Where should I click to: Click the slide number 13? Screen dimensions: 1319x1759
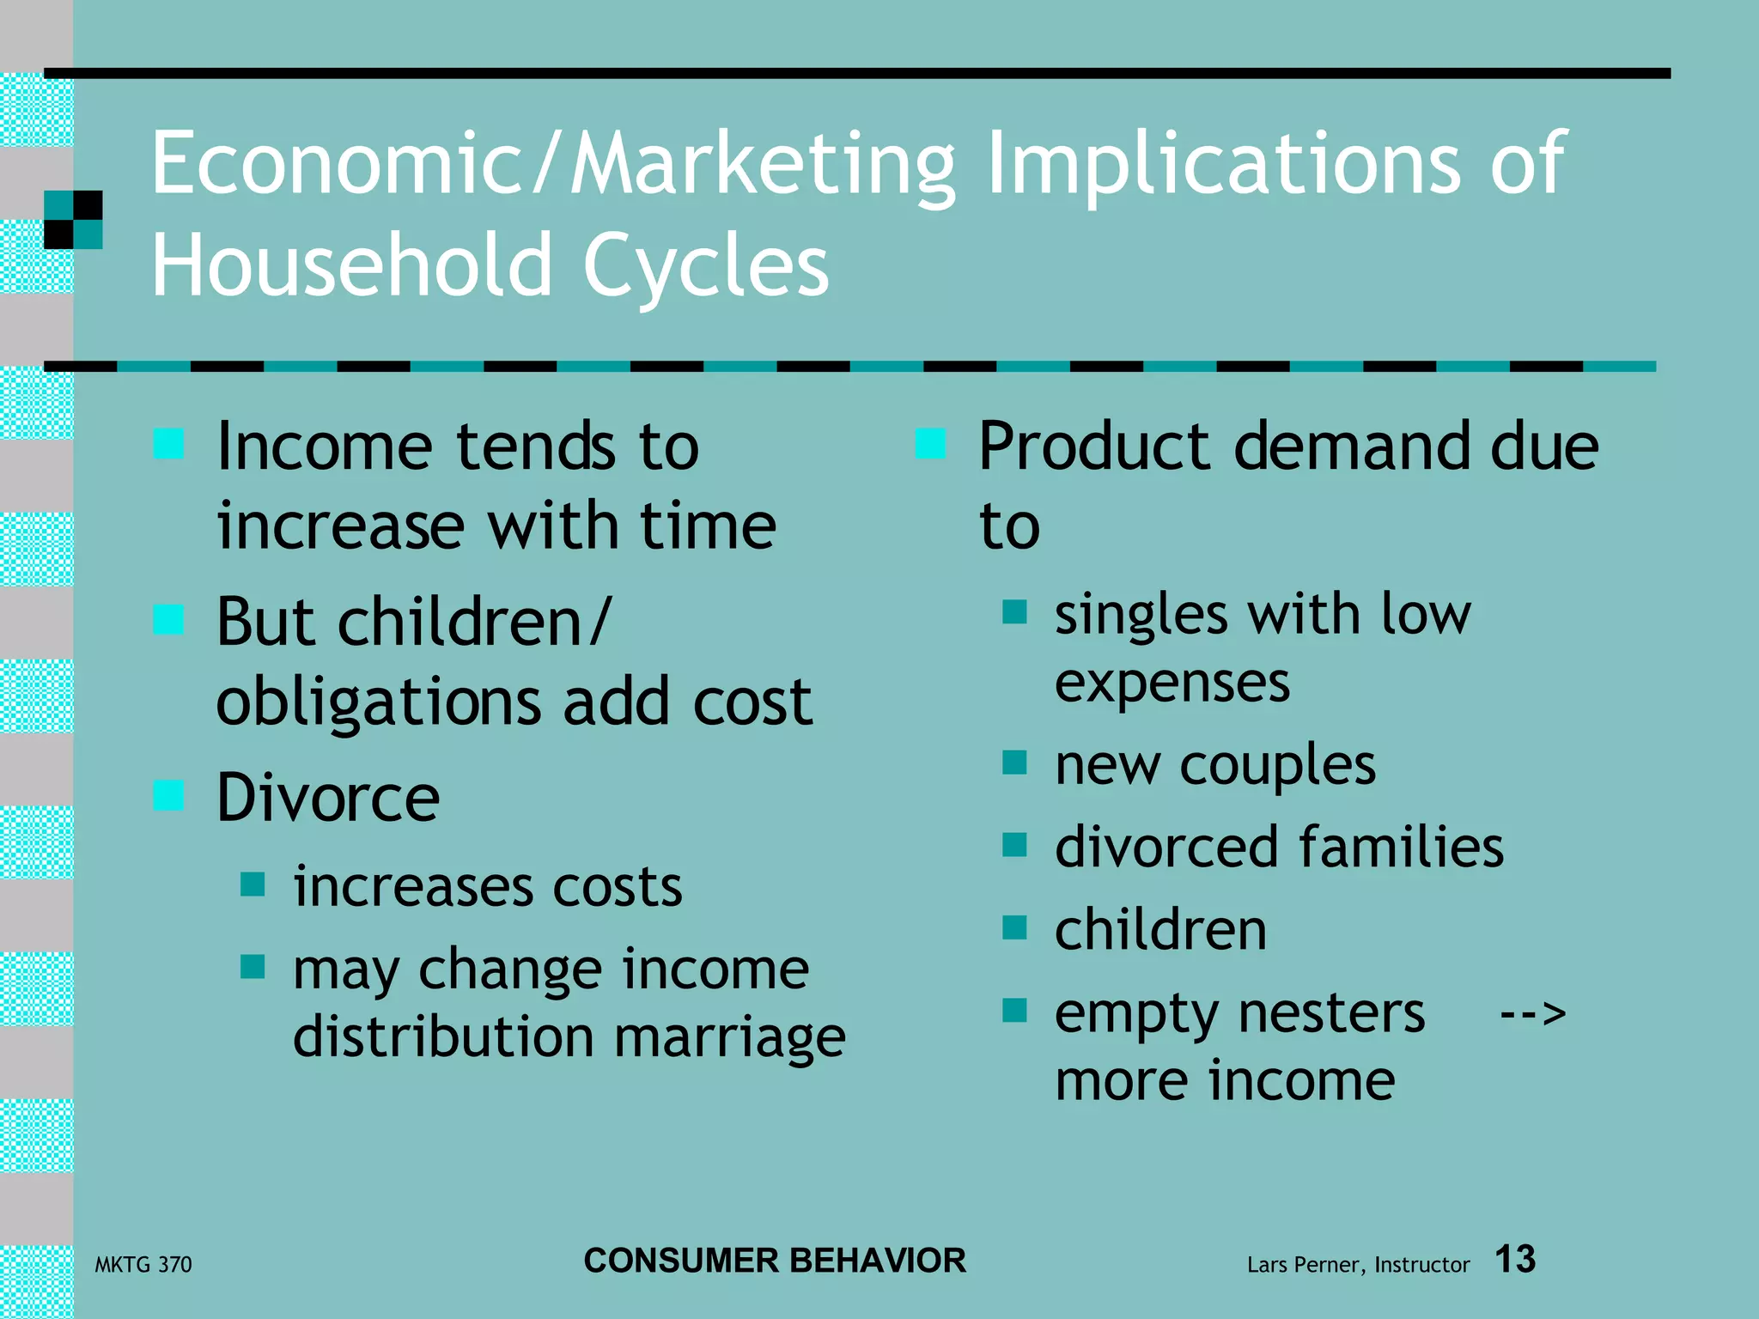click(1515, 1260)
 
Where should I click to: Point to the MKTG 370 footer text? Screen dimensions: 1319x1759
click(143, 1264)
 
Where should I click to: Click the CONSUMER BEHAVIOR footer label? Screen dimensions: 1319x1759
click(775, 1261)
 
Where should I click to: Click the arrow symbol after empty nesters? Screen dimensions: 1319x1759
click(1532, 1014)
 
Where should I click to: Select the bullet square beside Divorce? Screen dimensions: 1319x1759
click(168, 795)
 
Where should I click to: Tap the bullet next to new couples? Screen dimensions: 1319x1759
click(1014, 762)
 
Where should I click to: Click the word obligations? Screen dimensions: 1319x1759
click(378, 702)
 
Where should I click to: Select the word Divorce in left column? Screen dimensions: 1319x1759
click(328, 797)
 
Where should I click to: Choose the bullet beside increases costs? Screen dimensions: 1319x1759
click(252, 884)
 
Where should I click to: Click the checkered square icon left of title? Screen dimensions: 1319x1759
click(73, 220)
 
